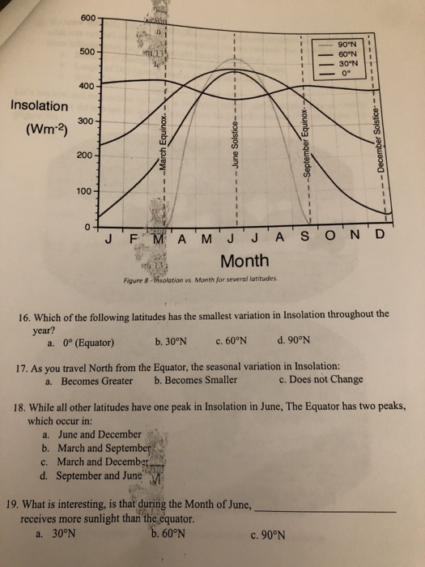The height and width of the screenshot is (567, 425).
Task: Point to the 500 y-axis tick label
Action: [89, 51]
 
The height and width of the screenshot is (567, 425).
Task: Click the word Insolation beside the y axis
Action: [40, 106]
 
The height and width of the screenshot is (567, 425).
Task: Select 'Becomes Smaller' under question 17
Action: [195, 380]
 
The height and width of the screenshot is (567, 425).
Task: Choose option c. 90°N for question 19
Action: [266, 534]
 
